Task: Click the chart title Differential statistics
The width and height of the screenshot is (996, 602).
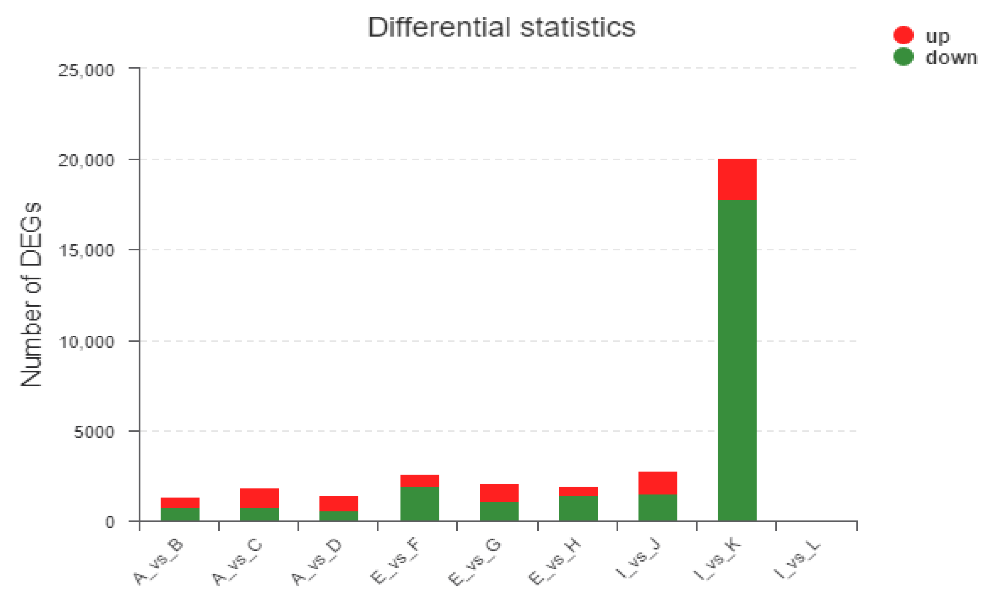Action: click(x=501, y=27)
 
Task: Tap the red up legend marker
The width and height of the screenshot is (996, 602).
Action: click(x=903, y=35)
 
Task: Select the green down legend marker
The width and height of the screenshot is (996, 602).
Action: click(x=903, y=57)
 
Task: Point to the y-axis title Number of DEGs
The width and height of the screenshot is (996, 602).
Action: click(x=31, y=294)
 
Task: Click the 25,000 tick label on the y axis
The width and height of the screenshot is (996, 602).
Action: click(x=86, y=70)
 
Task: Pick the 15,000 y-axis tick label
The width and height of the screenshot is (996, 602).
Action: click(x=86, y=250)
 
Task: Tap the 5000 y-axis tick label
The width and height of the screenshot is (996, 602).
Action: click(x=94, y=432)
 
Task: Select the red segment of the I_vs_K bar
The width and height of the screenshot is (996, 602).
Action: click(x=737, y=179)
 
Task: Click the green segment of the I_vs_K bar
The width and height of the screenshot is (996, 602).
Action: click(x=737, y=360)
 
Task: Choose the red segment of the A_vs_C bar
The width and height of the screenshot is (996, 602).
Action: click(x=259, y=498)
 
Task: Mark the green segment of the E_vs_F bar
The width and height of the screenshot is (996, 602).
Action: click(x=419, y=503)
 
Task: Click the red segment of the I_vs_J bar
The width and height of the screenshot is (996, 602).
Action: click(x=658, y=483)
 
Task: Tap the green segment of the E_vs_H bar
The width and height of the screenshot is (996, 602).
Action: click(x=578, y=508)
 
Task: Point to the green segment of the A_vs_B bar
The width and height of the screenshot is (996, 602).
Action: click(x=180, y=514)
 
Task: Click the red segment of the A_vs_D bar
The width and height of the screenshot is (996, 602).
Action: click(x=338, y=503)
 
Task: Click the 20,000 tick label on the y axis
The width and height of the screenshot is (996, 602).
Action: click(x=86, y=160)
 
